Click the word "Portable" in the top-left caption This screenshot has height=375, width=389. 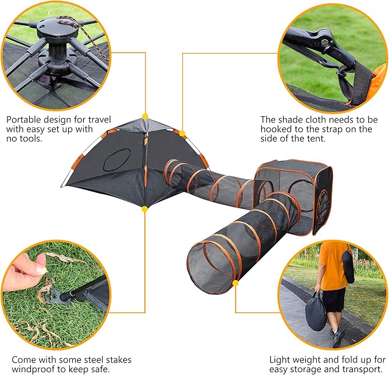pyautogui.click(x=23, y=120)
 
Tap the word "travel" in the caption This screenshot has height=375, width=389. pyautogui.click(x=100, y=120)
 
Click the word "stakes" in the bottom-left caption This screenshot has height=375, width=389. pyautogui.click(x=119, y=360)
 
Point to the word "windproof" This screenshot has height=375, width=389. pyautogui.click(x=33, y=369)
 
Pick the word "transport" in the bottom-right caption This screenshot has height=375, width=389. pyautogui.click(x=362, y=369)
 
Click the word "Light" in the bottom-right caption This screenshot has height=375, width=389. pyautogui.click(x=280, y=360)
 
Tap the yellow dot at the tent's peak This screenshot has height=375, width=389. pyautogui.click(x=145, y=116)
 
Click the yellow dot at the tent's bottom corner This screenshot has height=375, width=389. pyautogui.click(x=144, y=209)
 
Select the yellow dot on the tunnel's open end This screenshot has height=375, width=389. pyautogui.click(x=235, y=283)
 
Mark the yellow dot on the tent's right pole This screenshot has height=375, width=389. pyautogui.click(x=182, y=133)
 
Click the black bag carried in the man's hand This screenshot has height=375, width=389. pyautogui.click(x=316, y=312)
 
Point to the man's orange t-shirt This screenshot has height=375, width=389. pyautogui.click(x=332, y=265)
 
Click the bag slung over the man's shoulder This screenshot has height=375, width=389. pyautogui.click(x=348, y=266)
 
